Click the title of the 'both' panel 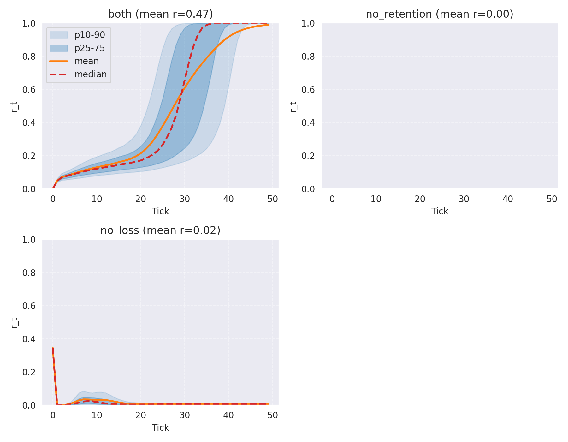coord(160,14)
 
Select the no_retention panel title coord(439,14)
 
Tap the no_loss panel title coord(160,230)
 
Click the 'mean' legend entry coord(86,61)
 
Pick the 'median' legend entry coord(90,74)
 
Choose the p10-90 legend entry coord(90,35)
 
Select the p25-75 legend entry coord(90,48)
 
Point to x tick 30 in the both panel coord(185,199)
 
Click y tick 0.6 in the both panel coord(29,90)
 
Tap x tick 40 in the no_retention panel coord(508,199)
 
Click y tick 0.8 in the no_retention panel coord(308,57)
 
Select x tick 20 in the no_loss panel coord(141,415)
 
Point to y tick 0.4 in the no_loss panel coord(29,339)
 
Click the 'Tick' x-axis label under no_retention coord(439,211)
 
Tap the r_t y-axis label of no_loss coord(14,322)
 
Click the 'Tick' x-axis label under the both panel coord(160,211)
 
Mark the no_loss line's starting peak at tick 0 coord(53,348)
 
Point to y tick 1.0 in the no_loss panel coord(29,240)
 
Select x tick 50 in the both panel coord(273,199)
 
